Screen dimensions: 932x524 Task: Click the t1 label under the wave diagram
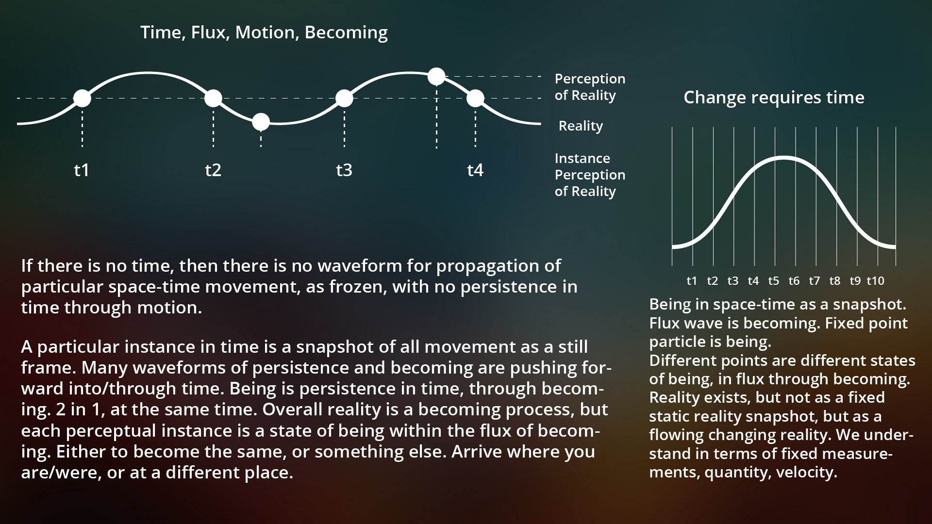82,170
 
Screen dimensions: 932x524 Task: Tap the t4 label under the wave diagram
475,170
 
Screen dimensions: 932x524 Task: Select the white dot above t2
213,98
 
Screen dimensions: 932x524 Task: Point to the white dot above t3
344,98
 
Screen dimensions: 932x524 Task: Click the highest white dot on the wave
436,76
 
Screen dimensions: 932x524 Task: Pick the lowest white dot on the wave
261,122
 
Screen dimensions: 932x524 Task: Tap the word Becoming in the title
346,33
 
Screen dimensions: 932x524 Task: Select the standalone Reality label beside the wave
581,126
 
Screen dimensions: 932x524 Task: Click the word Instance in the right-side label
582,159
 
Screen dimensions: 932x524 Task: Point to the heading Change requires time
774,98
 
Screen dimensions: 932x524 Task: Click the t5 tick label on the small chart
774,281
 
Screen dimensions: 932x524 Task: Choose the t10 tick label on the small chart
876,281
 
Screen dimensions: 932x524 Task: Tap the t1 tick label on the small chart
692,281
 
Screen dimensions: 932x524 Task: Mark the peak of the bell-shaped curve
783,157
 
